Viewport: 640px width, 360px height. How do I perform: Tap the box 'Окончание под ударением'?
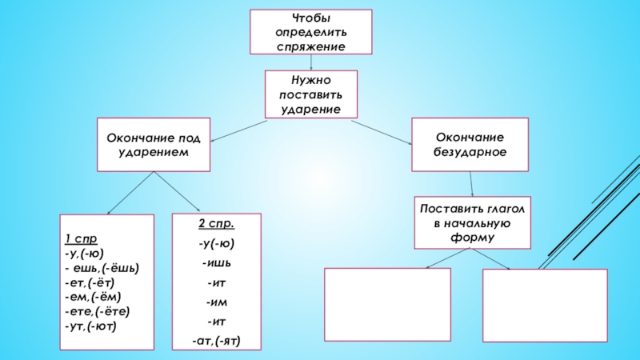point(154,145)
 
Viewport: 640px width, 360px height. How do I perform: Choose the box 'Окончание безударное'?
point(470,145)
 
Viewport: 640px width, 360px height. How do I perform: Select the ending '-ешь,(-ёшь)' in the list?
point(104,268)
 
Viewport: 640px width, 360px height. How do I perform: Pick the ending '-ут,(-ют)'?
point(92,326)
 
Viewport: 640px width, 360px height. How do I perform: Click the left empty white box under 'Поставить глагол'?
point(387,303)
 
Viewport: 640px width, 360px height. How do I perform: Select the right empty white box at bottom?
point(545,305)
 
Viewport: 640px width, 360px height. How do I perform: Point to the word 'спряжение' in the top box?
point(311,47)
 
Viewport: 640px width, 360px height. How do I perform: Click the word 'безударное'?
point(470,152)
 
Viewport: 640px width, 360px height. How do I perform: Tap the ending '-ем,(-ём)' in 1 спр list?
point(95,297)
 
